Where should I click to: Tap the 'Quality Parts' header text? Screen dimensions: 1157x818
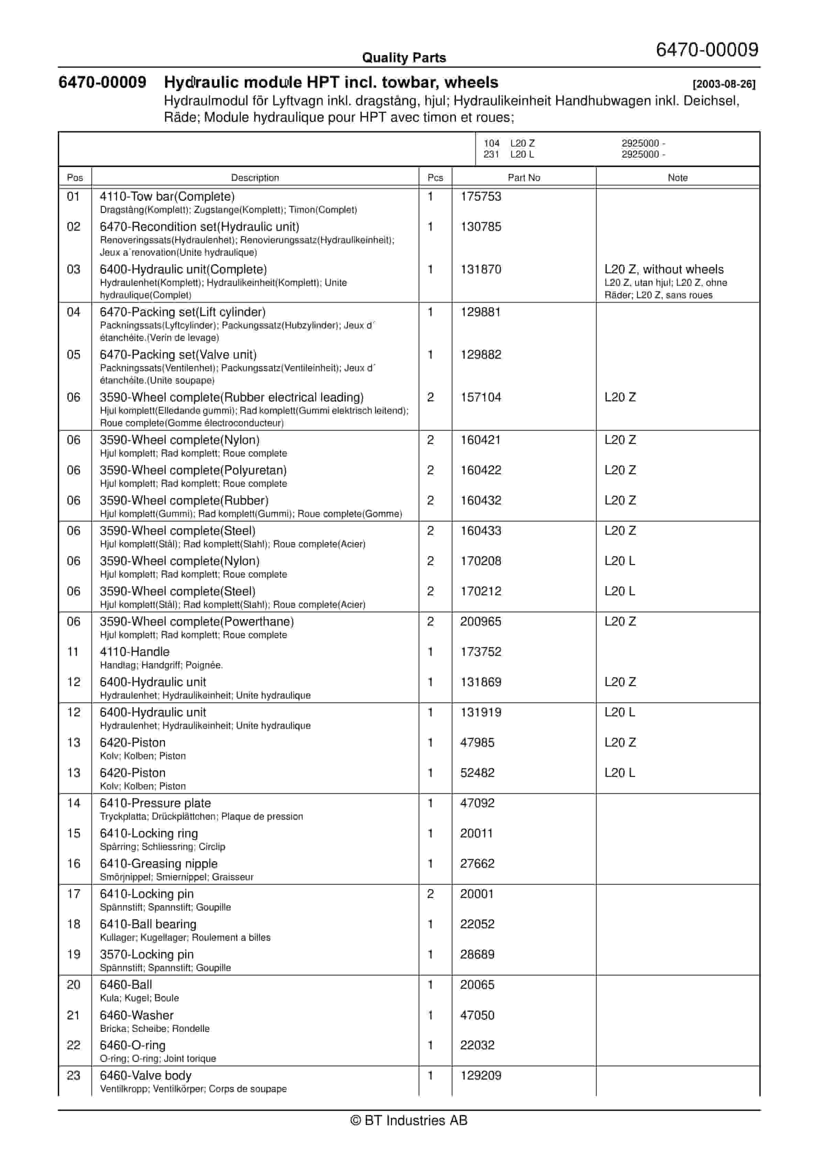[404, 58]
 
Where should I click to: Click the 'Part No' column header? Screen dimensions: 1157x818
[523, 177]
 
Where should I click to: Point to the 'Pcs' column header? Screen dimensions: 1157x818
[435, 177]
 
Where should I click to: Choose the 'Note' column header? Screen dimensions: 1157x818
[677, 177]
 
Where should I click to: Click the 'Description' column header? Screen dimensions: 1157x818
[255, 177]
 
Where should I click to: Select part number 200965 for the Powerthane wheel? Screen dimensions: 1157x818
[480, 621]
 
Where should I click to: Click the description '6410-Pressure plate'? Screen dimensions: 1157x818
[155, 803]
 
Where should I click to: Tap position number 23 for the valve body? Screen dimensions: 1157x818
[74, 1075]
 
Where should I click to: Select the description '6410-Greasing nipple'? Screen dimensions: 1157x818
[159, 863]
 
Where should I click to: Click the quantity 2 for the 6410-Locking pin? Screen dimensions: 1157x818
[430, 894]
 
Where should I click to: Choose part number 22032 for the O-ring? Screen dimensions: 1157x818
[477, 1045]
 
